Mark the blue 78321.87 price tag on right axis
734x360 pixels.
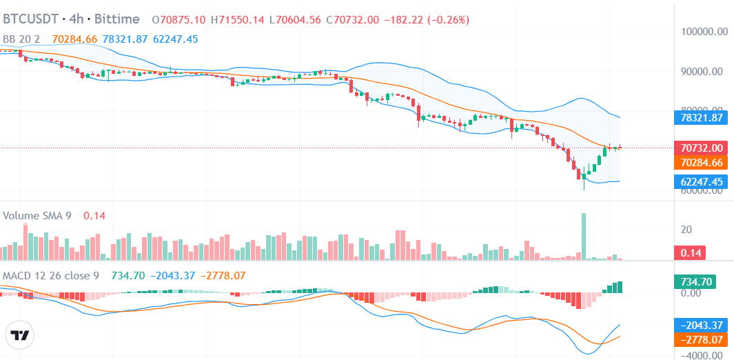(701, 117)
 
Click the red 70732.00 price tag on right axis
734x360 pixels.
(701, 148)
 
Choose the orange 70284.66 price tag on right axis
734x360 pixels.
(701, 163)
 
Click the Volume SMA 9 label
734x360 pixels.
(37, 216)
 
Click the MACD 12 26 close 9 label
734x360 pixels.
(51, 276)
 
